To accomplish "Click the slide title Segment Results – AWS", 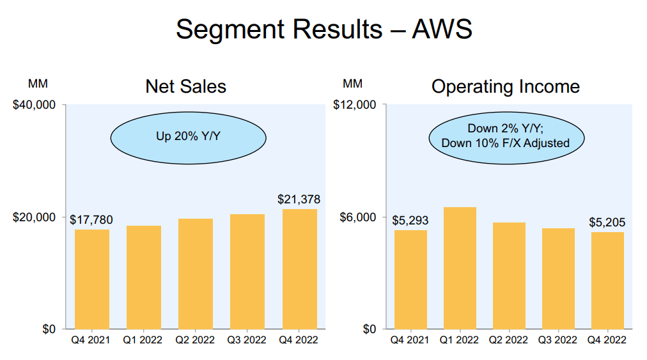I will pyautogui.click(x=323, y=29).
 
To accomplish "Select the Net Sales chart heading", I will pyautogui.click(x=185, y=86).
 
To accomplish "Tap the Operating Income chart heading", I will pyautogui.click(x=505, y=86).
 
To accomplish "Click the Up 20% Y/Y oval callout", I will pyautogui.click(x=188, y=136).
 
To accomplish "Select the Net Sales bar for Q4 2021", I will pyautogui.click(x=92, y=279).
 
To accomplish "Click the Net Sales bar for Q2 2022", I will pyautogui.click(x=196, y=274).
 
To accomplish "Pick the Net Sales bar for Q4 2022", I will pyautogui.click(x=299, y=269).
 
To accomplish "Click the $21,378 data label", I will pyautogui.click(x=299, y=200).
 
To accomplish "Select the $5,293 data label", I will pyautogui.click(x=410, y=221).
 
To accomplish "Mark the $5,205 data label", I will pyautogui.click(x=607, y=223).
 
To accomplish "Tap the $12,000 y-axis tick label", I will pyautogui.click(x=355, y=105).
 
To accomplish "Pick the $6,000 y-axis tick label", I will pyautogui.click(x=357, y=217).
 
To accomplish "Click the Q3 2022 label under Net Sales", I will pyautogui.click(x=247, y=340).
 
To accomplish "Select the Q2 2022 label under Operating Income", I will pyautogui.click(x=508, y=340).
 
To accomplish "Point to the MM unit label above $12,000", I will pyautogui.click(x=352, y=84).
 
